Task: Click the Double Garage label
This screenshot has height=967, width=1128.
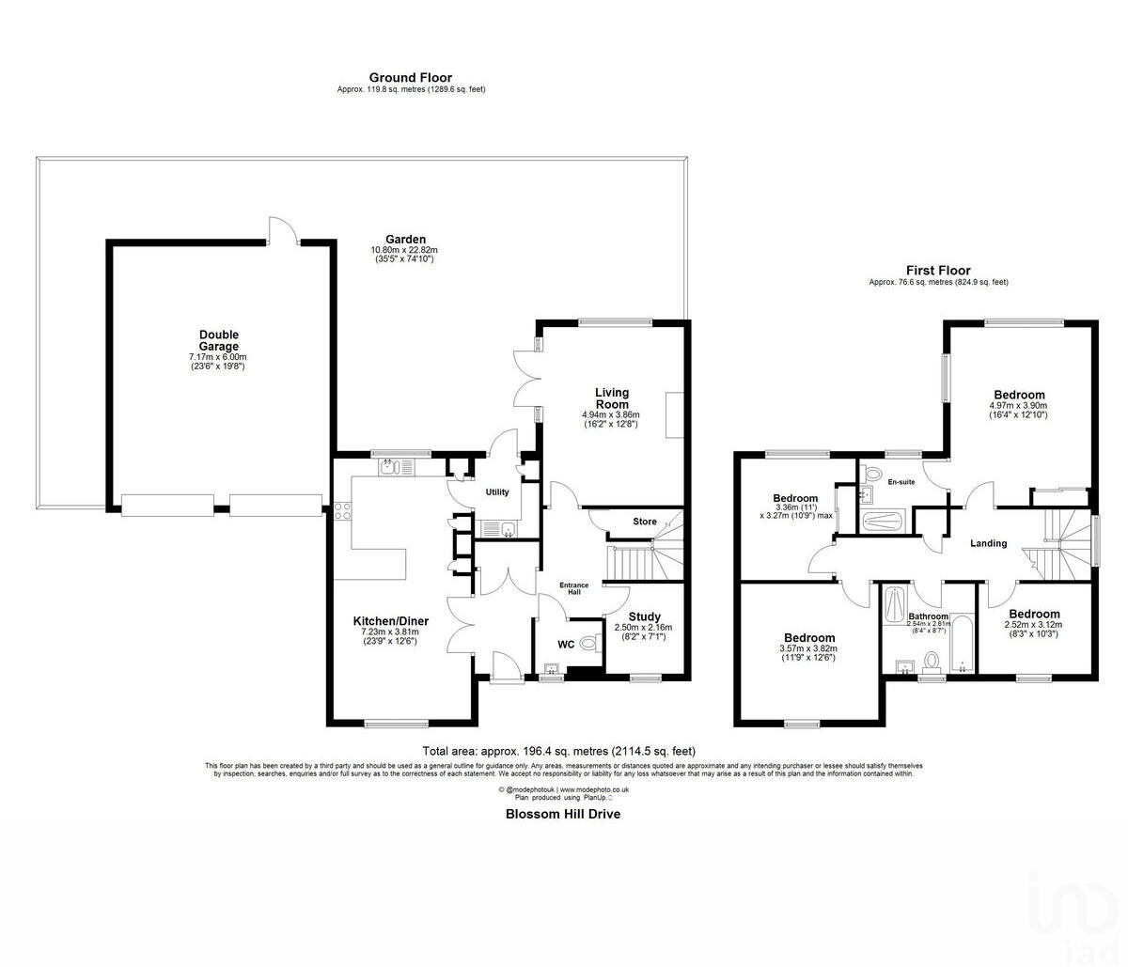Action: point(219,340)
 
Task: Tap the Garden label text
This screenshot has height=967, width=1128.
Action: point(404,240)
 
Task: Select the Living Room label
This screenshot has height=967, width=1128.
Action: point(612,398)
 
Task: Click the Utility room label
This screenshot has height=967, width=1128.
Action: point(496,492)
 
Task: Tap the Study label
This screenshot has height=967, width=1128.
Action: point(644,616)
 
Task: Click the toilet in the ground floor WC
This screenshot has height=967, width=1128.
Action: point(588,644)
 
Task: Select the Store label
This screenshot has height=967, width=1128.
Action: point(645,522)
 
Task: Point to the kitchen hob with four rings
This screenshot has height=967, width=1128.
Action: point(341,512)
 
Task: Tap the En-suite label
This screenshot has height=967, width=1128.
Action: point(901,482)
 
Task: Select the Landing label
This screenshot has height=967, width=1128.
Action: point(988,543)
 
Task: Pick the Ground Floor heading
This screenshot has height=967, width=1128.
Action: point(410,78)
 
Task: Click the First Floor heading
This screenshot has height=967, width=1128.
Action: point(938,271)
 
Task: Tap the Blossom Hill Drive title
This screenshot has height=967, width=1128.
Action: point(563,814)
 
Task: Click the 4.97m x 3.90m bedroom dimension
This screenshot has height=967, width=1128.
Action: point(1019,406)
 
